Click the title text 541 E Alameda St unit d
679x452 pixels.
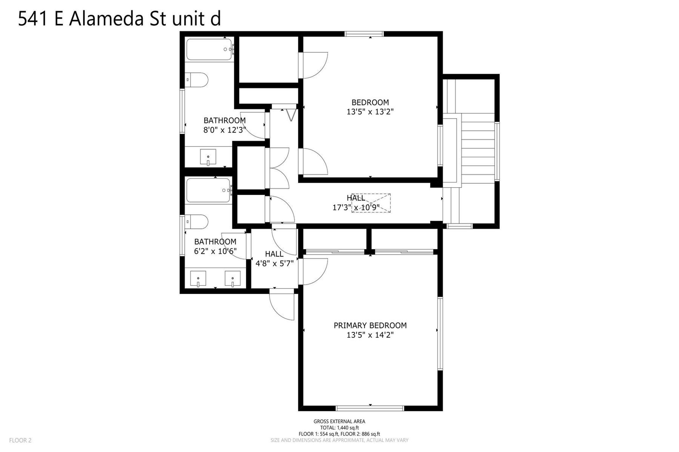tap(119, 18)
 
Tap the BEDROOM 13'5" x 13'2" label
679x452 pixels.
tap(370, 107)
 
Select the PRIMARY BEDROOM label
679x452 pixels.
tap(370, 325)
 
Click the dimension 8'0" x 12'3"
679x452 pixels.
tap(225, 130)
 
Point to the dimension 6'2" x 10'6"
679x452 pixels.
tap(215, 251)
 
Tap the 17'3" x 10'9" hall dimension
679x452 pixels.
tap(356, 207)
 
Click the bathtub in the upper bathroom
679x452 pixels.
tap(210, 49)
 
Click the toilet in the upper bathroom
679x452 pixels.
tap(197, 80)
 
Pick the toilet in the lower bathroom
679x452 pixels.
tap(197, 222)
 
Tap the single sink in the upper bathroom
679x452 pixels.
tap(208, 157)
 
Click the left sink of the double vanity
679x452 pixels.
tap(198, 278)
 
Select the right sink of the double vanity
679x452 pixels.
tap(233, 278)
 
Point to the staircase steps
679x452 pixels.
tap(478, 148)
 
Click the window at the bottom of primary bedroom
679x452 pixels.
tap(370, 408)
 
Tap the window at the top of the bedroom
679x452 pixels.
tap(364, 34)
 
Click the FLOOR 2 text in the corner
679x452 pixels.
tap(20, 440)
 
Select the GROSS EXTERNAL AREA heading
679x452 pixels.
tap(339, 421)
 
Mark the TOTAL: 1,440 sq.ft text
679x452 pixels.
tap(339, 428)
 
